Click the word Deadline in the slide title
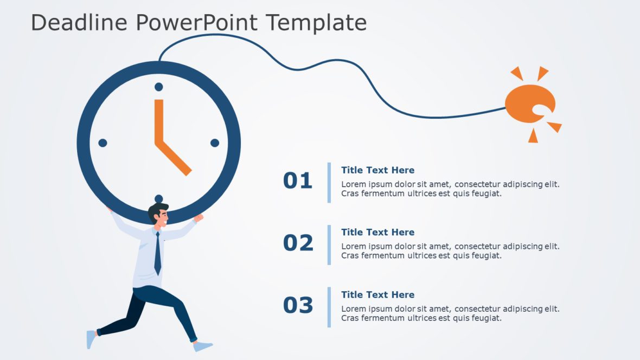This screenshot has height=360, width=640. [79, 23]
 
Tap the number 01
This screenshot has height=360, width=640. [298, 181]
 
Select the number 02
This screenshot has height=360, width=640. [298, 243]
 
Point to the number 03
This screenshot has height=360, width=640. [298, 305]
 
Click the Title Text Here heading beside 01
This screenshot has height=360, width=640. [377, 170]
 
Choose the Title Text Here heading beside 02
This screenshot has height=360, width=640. [377, 233]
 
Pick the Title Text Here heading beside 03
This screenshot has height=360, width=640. [377, 295]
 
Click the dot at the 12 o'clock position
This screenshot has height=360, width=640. [159, 87]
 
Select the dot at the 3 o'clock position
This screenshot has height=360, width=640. [215, 143]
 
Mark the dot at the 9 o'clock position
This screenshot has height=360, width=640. [103, 143]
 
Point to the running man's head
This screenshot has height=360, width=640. [158, 215]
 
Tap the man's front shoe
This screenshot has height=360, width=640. [203, 346]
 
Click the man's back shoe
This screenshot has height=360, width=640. [91, 339]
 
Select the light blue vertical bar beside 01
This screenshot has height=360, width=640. [329, 182]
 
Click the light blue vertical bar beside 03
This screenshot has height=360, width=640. [329, 307]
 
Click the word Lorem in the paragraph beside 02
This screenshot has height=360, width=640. [353, 247]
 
